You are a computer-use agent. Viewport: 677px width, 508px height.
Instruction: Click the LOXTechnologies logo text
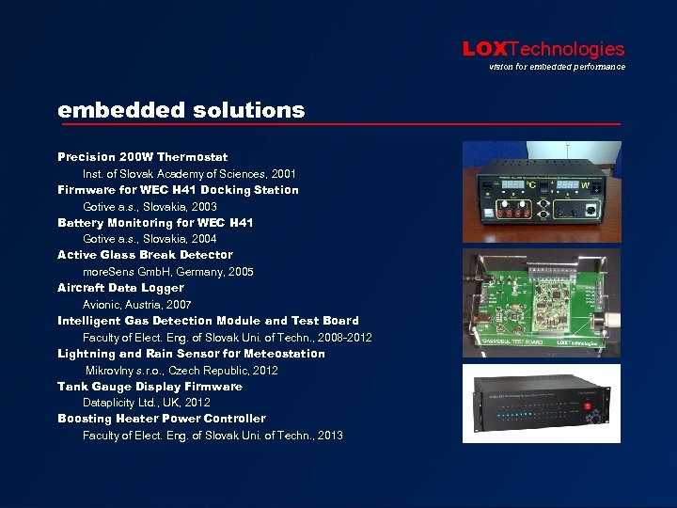[543, 49]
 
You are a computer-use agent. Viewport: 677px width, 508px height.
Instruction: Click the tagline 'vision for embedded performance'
[557, 67]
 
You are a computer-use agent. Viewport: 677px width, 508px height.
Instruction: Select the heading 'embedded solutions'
[181, 110]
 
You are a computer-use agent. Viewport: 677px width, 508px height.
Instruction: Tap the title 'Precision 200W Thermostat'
[143, 157]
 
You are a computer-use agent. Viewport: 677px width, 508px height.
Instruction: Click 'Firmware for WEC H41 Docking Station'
[179, 190]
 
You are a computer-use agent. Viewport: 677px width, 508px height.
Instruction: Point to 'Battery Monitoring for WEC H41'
[155, 223]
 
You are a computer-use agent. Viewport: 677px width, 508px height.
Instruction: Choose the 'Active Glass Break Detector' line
[145, 255]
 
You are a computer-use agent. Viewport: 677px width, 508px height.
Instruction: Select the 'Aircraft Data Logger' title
[120, 288]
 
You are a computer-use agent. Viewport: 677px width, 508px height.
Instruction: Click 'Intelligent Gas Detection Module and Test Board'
[208, 321]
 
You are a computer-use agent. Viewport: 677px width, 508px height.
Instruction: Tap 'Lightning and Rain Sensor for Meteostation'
[191, 354]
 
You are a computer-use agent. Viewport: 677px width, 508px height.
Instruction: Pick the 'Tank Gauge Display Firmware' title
[150, 387]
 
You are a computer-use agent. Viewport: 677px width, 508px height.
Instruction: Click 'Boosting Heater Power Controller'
[162, 419]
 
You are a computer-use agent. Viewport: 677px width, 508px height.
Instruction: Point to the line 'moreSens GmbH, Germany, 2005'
[168, 272]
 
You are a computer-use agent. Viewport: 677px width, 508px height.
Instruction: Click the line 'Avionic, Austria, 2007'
[137, 305]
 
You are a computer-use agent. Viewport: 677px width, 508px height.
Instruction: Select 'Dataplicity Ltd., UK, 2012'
[147, 403]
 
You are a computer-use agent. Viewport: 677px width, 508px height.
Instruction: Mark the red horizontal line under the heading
[338, 124]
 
